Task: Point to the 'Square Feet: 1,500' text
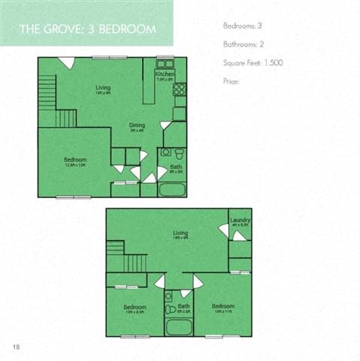click(253, 62)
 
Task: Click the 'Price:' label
click(231, 80)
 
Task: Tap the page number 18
click(16, 346)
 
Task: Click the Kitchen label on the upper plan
click(165, 75)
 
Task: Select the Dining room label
click(136, 126)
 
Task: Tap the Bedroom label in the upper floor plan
click(75, 159)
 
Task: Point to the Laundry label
click(241, 220)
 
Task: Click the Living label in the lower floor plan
click(180, 233)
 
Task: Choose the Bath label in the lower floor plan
click(184, 306)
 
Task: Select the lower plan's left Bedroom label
click(135, 307)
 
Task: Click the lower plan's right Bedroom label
click(223, 306)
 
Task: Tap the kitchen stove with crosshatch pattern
click(179, 89)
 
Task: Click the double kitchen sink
click(165, 63)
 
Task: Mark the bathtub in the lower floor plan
click(178, 328)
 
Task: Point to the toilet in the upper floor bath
click(165, 153)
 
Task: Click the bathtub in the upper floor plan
click(173, 188)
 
